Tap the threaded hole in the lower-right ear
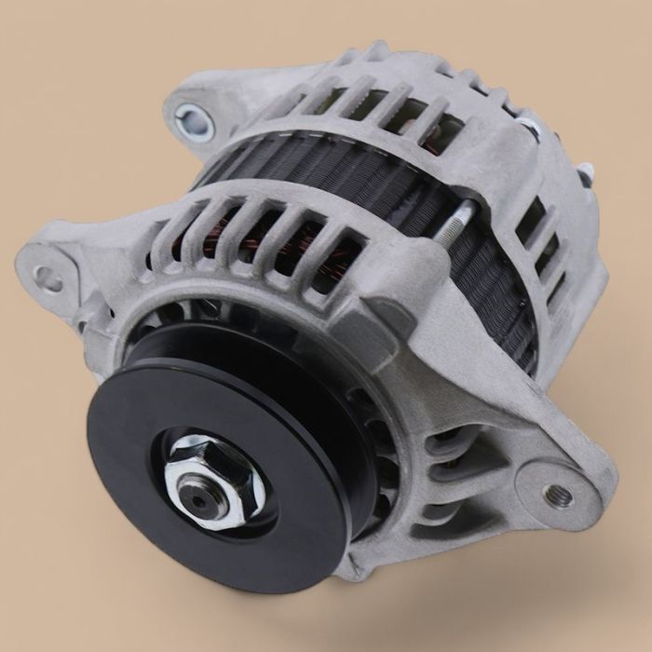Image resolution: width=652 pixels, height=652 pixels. [561, 494]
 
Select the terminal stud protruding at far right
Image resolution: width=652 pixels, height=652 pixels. [584, 172]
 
